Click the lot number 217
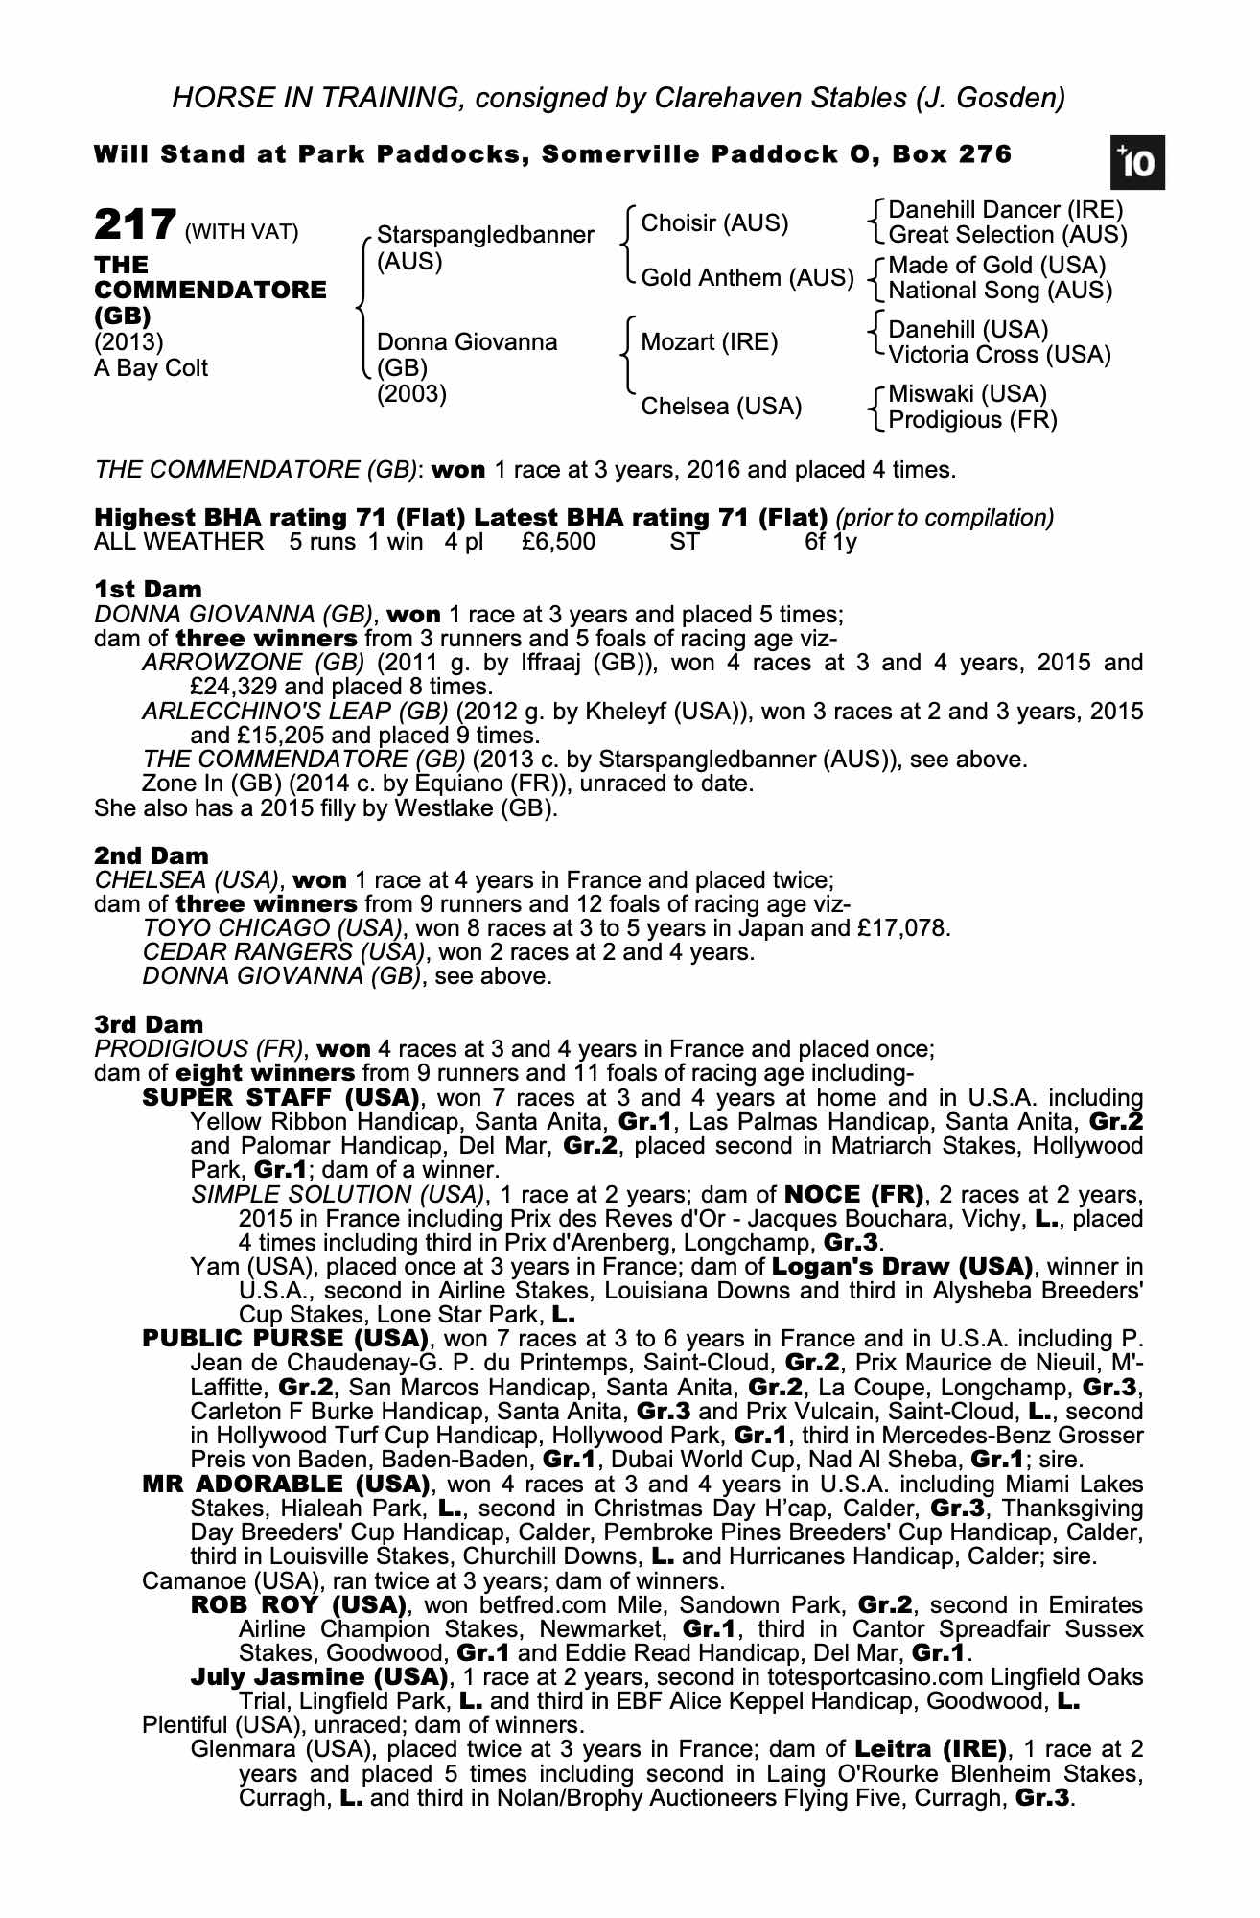[134, 226]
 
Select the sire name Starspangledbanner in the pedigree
[485, 235]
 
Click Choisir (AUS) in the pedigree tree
[714, 223]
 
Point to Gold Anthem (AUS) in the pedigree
[747, 278]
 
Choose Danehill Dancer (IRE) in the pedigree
[1005, 210]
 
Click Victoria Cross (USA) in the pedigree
[999, 355]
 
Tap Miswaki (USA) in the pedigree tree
[968, 394]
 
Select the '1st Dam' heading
[149, 589]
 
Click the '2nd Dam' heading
[152, 855]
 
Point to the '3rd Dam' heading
[149, 1024]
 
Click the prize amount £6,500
[558, 542]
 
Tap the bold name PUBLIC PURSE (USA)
[285, 1338]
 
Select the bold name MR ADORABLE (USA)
[285, 1484]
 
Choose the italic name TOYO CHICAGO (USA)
[271, 928]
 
